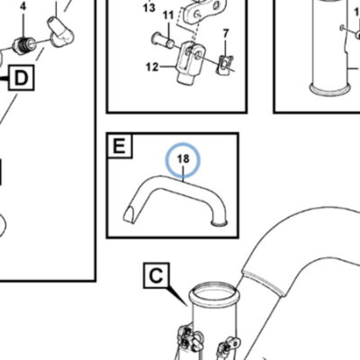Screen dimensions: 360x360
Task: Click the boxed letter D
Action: coord(21,78)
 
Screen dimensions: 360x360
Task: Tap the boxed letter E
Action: coord(119,146)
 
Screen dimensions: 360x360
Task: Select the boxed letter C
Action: coord(157,276)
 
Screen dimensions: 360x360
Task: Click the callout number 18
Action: coord(184,158)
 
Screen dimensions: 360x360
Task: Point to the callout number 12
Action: coord(152,67)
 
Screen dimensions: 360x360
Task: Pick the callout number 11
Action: coord(168,15)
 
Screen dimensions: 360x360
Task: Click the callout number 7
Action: coord(226,33)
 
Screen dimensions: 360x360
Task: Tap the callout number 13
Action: coord(149,7)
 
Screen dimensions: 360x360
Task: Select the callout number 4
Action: coord(23,7)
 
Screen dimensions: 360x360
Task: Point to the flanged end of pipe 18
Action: coord(220,222)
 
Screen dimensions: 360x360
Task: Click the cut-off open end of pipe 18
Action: coord(130,214)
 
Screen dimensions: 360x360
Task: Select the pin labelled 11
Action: coord(163,40)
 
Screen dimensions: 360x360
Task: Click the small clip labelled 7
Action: coord(224,64)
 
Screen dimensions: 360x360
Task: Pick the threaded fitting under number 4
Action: coord(23,45)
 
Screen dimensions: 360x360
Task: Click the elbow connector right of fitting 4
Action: coord(61,32)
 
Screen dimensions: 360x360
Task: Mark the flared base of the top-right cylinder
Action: coord(330,88)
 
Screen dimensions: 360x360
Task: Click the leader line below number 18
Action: coord(184,173)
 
